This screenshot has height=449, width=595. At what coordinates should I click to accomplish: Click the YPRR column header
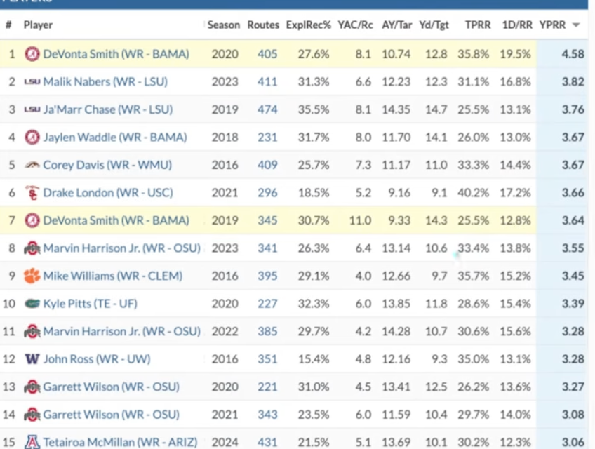[552, 25]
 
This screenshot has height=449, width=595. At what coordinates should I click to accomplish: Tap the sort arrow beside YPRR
[576, 25]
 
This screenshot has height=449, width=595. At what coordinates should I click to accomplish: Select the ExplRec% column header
[309, 25]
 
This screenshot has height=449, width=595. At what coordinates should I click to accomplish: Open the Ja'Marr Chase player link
[108, 109]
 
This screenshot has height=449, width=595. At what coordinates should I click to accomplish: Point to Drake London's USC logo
[32, 193]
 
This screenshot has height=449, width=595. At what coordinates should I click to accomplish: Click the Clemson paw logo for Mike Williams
[32, 276]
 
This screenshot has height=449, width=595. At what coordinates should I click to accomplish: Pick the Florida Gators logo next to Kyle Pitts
[32, 304]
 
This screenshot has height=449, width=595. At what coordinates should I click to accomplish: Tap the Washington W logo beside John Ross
[32, 359]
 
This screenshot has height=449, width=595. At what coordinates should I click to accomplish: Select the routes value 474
[267, 109]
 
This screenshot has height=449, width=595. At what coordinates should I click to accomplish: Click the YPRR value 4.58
[573, 54]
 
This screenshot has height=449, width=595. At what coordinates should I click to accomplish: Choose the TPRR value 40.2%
[473, 193]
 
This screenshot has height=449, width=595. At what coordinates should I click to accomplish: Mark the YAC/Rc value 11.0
[360, 220]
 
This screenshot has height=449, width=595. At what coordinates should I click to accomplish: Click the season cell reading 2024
[225, 443]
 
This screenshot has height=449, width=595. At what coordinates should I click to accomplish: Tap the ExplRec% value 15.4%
[314, 359]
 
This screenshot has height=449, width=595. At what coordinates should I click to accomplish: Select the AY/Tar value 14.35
[396, 109]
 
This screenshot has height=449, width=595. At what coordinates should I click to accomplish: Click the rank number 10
[9, 304]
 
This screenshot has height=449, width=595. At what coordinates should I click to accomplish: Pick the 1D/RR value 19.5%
[515, 54]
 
